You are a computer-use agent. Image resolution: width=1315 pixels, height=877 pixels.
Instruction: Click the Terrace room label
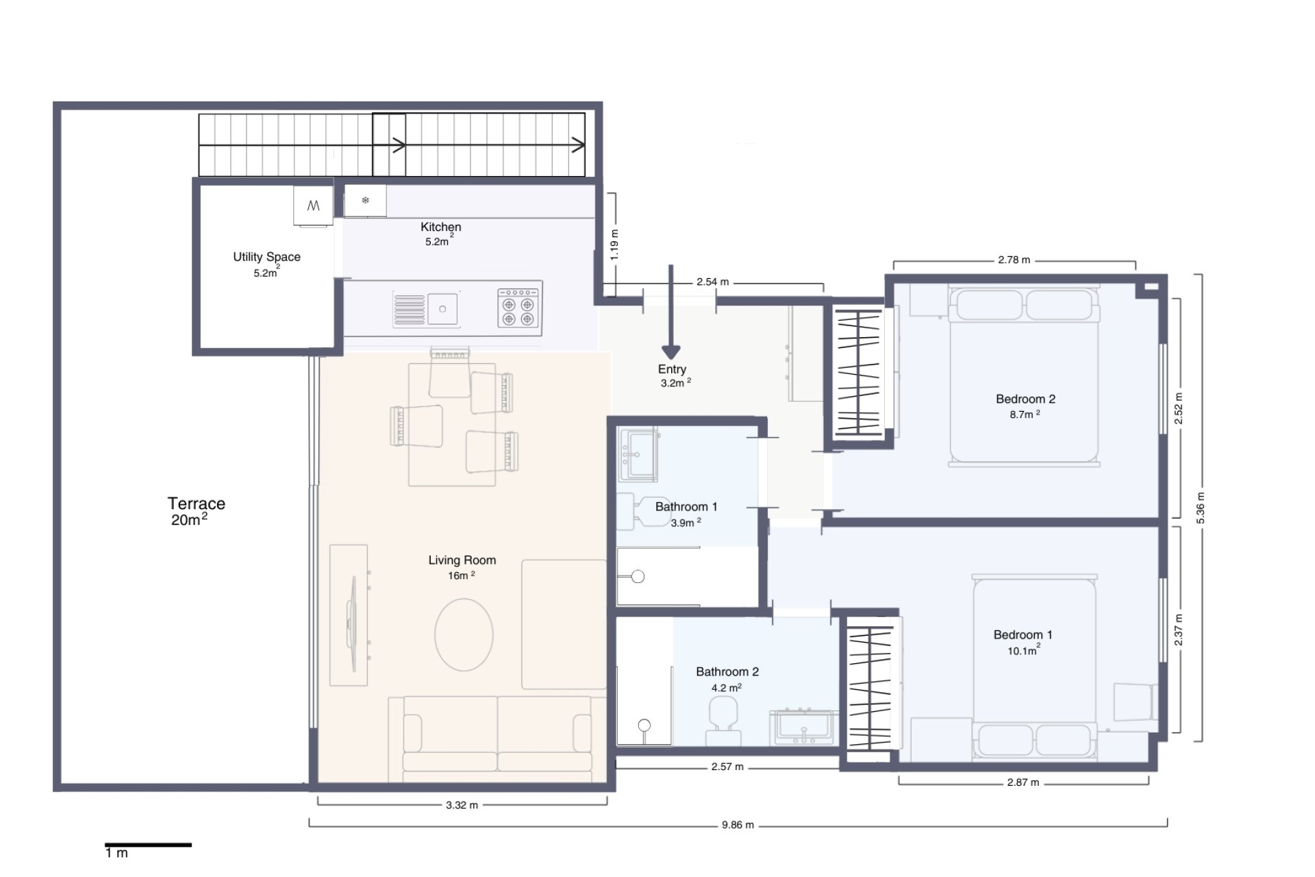click(196, 504)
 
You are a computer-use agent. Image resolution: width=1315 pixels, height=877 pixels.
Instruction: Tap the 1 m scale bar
click(148, 845)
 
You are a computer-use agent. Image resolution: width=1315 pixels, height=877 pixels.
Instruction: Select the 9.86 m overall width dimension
click(738, 825)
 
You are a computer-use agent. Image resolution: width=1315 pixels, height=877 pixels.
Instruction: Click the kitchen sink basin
click(442, 309)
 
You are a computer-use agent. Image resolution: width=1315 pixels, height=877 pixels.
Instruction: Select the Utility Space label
click(266, 257)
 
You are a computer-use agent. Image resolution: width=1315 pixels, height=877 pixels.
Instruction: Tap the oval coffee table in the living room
click(464, 634)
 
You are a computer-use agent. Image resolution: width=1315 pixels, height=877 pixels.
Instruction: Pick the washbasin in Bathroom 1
click(638, 454)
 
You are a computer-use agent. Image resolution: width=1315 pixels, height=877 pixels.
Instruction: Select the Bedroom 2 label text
click(1025, 399)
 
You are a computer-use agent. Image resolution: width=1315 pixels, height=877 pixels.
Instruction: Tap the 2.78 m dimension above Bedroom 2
click(1014, 260)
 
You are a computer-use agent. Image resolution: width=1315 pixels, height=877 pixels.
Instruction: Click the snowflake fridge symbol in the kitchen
click(365, 201)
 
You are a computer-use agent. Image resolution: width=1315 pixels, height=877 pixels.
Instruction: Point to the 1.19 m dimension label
click(614, 245)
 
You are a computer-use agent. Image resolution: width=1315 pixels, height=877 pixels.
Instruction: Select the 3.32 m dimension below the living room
click(462, 805)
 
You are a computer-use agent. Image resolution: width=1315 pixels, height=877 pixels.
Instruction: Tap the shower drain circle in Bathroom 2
click(644, 725)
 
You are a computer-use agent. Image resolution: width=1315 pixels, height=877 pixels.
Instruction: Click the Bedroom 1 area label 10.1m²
click(1023, 651)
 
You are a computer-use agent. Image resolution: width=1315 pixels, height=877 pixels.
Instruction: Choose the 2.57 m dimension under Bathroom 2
click(727, 767)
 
